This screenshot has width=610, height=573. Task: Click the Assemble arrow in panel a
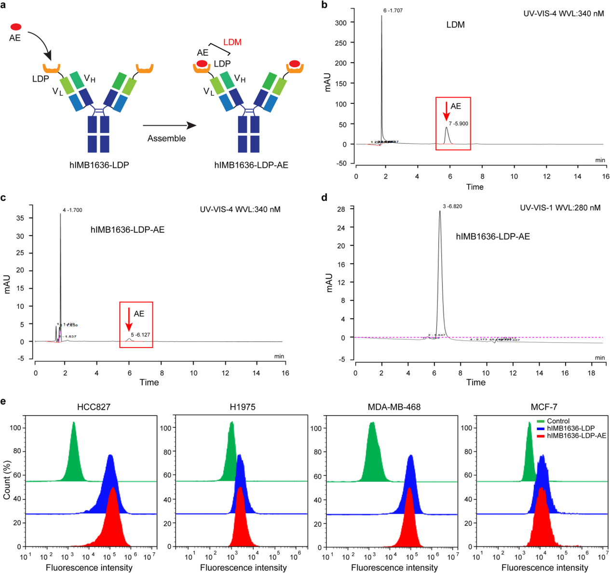coord(170,126)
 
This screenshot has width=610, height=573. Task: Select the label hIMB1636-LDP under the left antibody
coord(99,165)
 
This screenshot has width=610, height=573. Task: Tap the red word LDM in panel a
coord(232,42)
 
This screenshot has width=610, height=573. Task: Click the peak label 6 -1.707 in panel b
coord(393,10)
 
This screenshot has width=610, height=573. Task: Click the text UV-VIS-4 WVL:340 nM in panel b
coord(563,14)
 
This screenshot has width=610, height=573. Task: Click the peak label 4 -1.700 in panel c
coord(72,210)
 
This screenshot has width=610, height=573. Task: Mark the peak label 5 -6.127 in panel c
coord(140,335)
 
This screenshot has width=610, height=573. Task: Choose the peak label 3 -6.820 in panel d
coord(452,207)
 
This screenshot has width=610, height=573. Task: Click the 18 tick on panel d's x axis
coord(591,373)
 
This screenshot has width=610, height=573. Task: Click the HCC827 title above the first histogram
coord(94,407)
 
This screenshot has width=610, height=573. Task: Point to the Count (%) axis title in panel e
coord(7,479)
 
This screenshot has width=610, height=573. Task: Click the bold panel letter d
coord(324,197)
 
